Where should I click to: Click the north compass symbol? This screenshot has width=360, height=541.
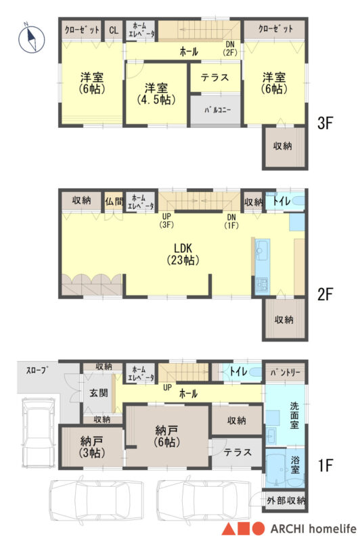click(x=31, y=38)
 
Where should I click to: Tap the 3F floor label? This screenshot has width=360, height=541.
click(x=325, y=123)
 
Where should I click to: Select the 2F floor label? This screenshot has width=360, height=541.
click(x=325, y=294)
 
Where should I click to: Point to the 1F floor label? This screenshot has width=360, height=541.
click(x=325, y=465)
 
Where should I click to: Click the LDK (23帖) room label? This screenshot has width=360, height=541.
click(x=183, y=254)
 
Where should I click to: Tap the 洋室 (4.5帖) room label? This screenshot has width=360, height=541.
click(x=156, y=93)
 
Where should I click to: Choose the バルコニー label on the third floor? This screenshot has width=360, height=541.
click(x=217, y=110)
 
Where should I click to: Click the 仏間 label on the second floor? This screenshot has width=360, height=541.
click(x=114, y=201)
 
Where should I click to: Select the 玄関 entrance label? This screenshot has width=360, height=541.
click(x=98, y=393)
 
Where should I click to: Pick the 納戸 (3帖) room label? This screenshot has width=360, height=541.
click(x=91, y=446)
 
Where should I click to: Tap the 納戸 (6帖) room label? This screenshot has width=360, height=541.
click(x=166, y=436)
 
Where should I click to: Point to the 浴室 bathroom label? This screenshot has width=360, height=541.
click(x=295, y=465)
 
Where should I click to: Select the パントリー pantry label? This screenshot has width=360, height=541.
click(x=285, y=373)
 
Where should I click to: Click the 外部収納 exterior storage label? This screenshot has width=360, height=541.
click(x=286, y=500)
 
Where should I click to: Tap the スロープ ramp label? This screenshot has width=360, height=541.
click(x=37, y=371)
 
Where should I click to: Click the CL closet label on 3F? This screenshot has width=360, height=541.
click(x=114, y=30)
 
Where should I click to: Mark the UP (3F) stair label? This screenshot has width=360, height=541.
click(x=166, y=220)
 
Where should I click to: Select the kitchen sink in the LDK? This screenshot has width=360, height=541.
click(x=262, y=251)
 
